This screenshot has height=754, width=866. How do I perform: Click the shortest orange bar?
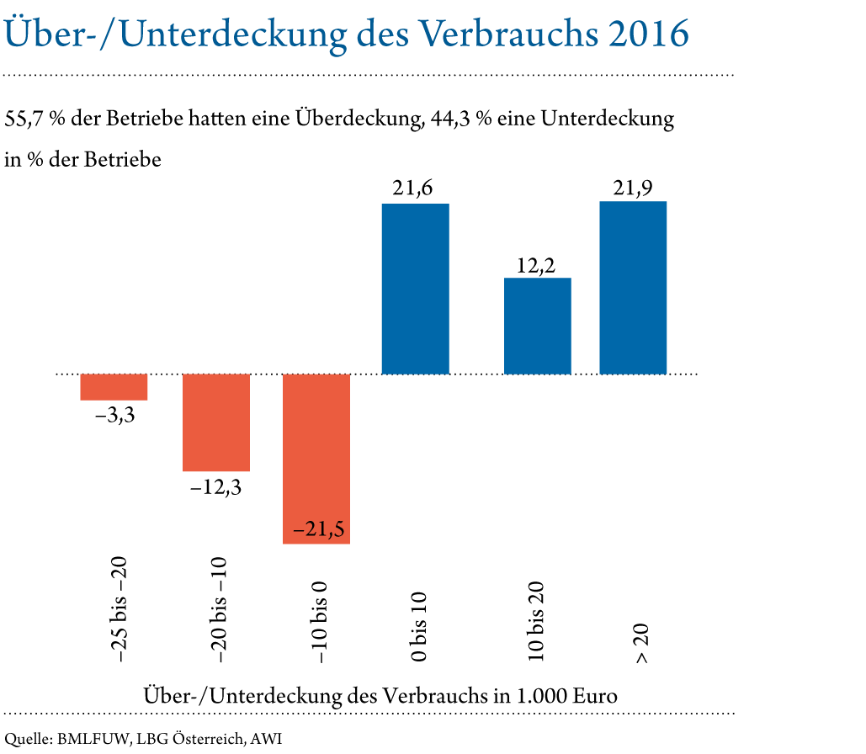(x=114, y=387)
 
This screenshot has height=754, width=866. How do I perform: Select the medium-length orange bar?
(x=216, y=422)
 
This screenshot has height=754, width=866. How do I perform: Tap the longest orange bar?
(x=316, y=459)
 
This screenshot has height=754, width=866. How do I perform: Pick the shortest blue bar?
(x=537, y=326)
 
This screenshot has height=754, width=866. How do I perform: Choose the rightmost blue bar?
(x=633, y=287)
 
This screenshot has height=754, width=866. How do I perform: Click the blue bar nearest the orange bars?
(x=415, y=289)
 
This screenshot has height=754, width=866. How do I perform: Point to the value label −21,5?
(x=318, y=531)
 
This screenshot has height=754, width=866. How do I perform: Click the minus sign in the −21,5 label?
(x=298, y=532)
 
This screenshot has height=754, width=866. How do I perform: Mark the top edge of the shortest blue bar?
(x=537, y=279)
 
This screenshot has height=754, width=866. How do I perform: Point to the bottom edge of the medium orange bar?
(x=216, y=471)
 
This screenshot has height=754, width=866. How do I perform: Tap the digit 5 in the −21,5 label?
(x=338, y=531)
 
